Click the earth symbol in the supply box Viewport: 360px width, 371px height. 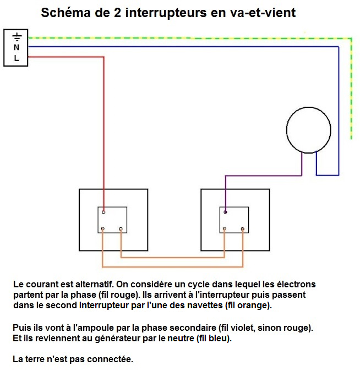pos(17,37)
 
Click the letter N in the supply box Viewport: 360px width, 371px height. pos(17,47)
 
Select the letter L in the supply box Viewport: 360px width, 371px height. pos(17,57)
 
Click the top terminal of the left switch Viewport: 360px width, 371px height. pos(103,211)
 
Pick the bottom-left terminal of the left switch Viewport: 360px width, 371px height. pos(102,229)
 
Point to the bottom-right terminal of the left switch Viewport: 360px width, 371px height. pos(121,229)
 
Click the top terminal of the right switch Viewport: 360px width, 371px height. pos(225,211)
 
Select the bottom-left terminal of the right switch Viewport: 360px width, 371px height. pos(224,229)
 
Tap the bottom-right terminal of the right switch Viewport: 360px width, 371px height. pos(243,229)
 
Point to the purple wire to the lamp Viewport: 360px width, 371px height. pos(264,176)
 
